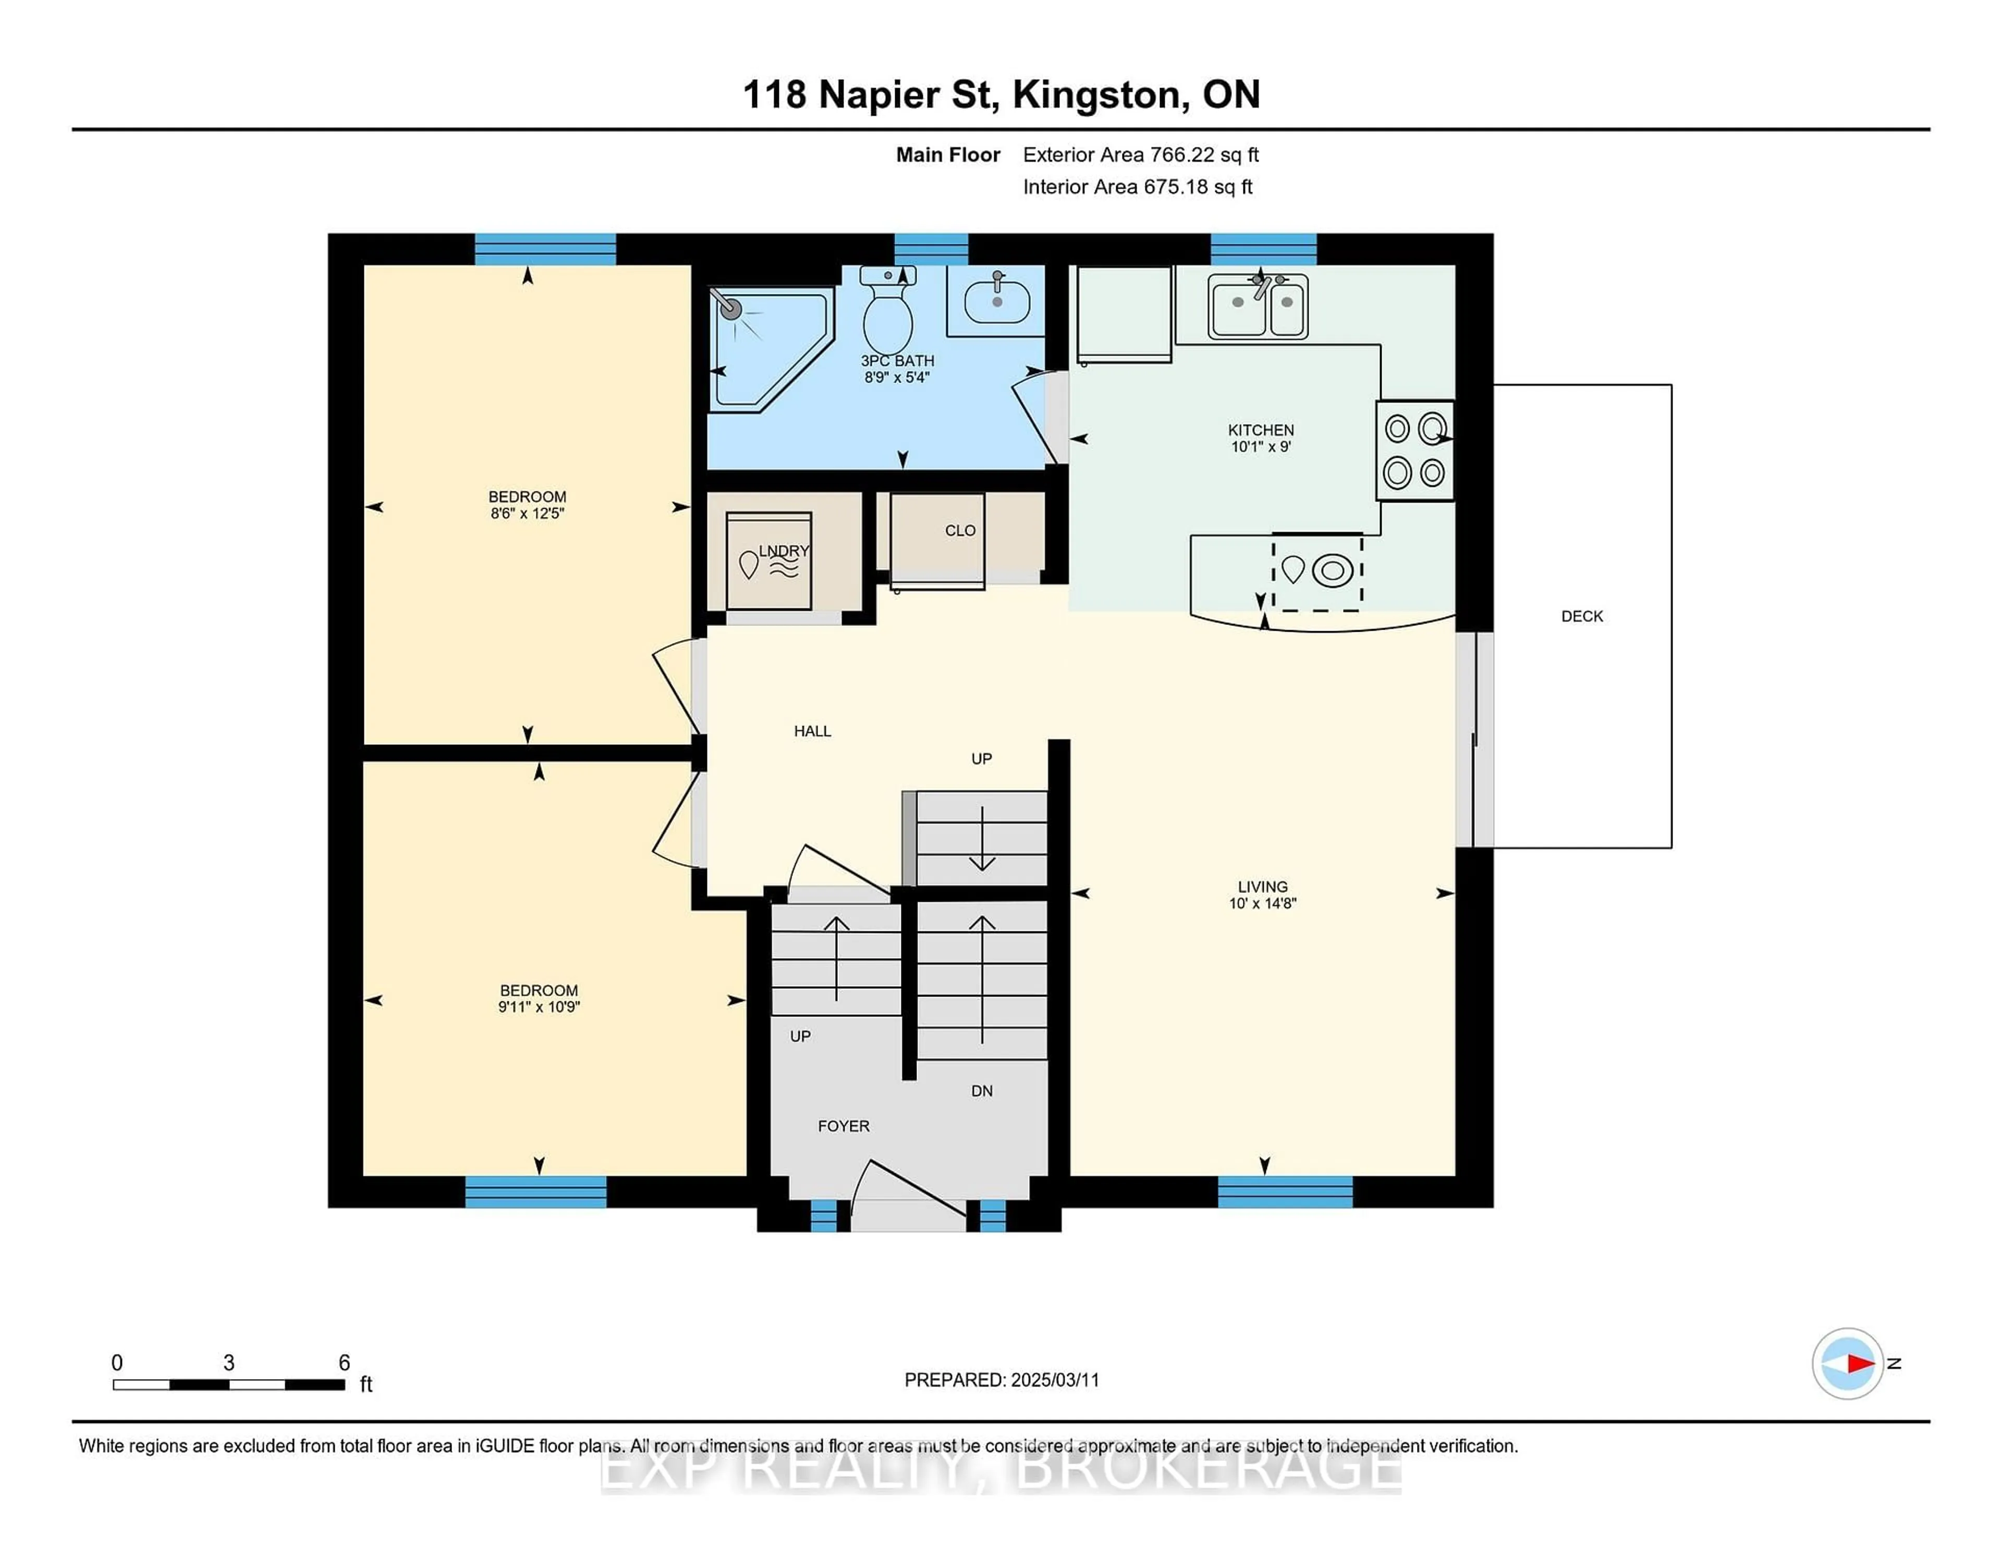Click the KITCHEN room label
[1261, 430]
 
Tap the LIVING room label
[1262, 886]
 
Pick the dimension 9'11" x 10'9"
[539, 1006]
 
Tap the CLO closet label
[960, 531]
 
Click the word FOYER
[844, 1125]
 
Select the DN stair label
[982, 1090]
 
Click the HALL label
[812, 730]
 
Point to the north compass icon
[1847, 1363]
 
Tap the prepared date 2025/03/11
[1054, 1379]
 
